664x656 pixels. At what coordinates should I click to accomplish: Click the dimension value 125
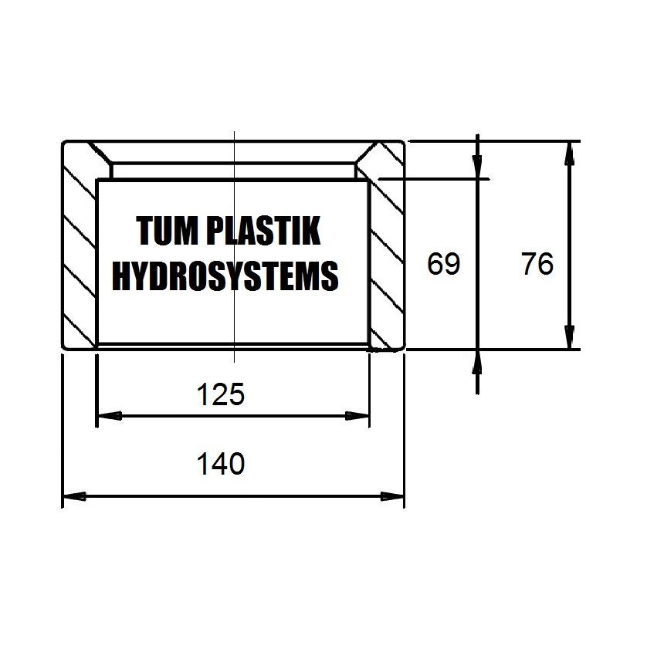(221, 394)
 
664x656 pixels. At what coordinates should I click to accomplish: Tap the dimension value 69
(443, 264)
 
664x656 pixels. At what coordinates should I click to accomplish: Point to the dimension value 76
(537, 264)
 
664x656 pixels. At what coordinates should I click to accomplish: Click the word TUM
(167, 231)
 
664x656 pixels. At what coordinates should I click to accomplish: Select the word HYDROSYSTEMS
(225, 276)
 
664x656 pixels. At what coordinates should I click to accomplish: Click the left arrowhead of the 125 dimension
(110, 416)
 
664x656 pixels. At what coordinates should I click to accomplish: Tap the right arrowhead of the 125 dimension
(357, 416)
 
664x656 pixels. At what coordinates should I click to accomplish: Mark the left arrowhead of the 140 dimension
(75, 496)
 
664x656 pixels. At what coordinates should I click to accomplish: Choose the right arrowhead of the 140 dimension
(392, 496)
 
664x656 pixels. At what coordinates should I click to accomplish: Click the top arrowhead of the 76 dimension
(570, 154)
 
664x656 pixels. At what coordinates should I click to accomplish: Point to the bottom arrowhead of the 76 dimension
(570, 337)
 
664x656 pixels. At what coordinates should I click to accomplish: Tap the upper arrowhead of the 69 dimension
(477, 167)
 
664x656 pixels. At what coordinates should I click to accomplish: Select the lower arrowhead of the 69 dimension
(477, 362)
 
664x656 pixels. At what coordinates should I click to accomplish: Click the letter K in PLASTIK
(311, 231)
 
